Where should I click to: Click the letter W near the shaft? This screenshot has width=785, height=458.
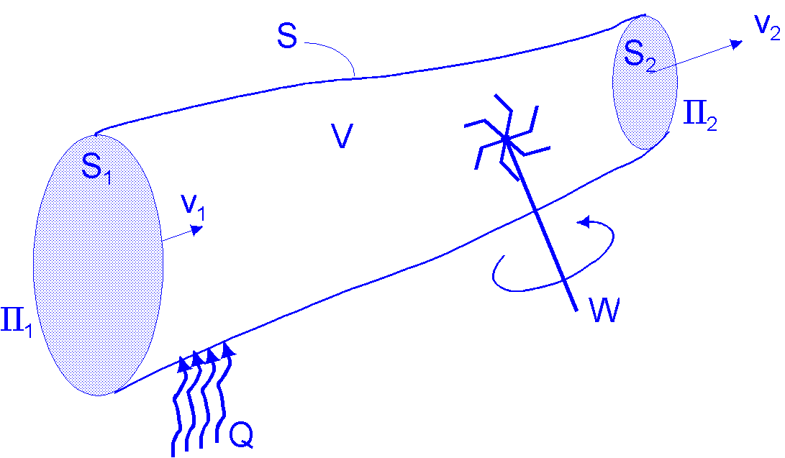603,310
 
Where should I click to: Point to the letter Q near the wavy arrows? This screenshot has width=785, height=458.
241,434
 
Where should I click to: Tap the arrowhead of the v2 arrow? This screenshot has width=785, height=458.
737,44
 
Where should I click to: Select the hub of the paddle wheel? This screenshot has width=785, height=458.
507,139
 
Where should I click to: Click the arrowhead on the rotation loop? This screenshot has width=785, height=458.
585,221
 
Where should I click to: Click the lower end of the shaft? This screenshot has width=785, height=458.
575,308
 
